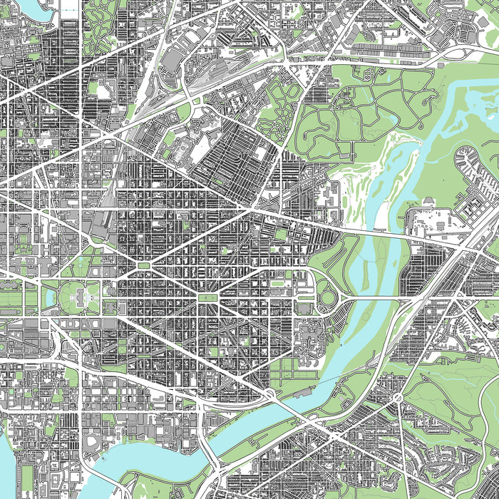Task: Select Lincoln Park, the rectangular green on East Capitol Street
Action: (x=207, y=297)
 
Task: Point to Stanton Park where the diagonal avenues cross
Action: (x=144, y=265)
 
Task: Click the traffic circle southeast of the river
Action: (x=396, y=396)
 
